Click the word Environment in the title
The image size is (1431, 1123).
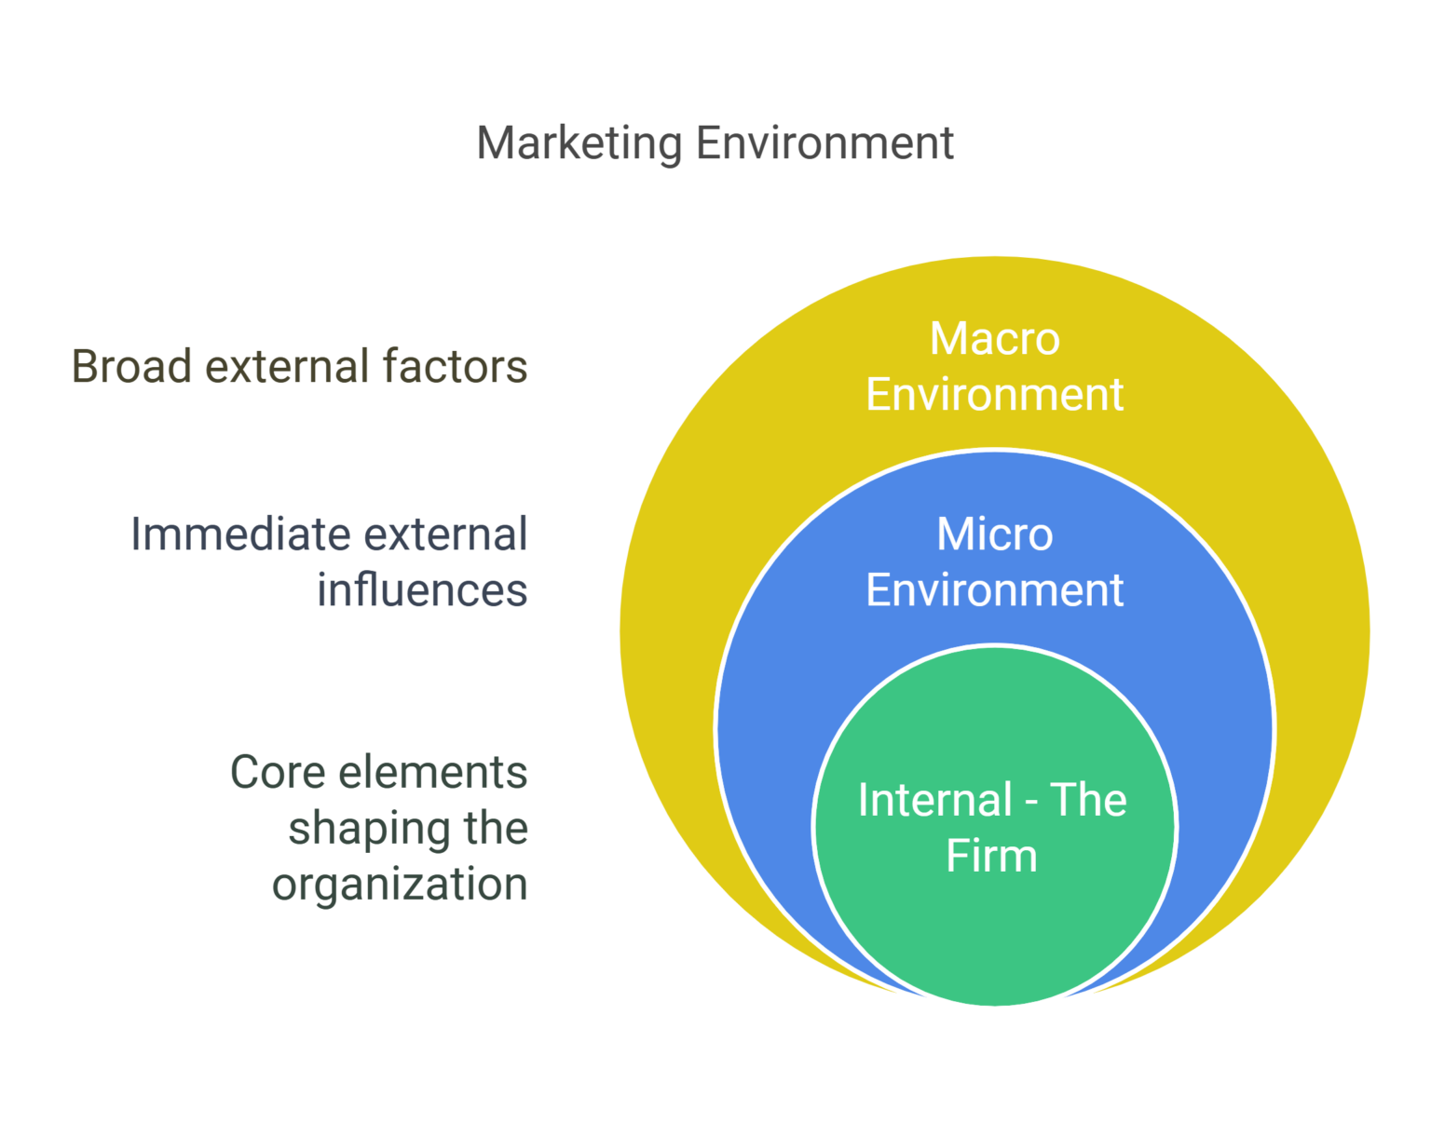point(825,144)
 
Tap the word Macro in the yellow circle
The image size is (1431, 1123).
point(994,338)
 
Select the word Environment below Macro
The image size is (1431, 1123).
point(994,394)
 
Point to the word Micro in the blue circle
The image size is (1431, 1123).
point(994,534)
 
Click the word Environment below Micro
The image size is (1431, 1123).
point(994,590)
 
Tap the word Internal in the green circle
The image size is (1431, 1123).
point(934,800)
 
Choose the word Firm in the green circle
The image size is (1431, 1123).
point(991,856)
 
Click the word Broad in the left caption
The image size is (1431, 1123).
point(131,366)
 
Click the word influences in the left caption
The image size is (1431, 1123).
point(422,590)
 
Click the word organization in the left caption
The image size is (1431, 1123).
point(400,885)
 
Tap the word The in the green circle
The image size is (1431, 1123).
point(1088,800)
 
